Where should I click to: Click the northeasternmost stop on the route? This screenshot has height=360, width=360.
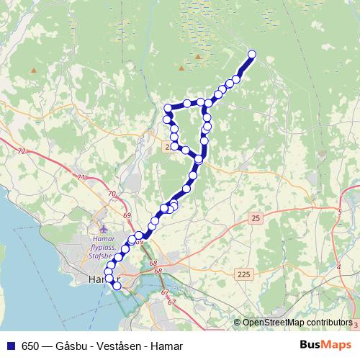pos(252,54)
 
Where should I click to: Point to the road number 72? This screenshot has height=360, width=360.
pos(21,151)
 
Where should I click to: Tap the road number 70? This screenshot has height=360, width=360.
pos(111,193)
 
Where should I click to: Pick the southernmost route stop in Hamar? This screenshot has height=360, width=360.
pos(117,286)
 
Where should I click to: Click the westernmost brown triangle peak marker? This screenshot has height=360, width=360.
pos(33,70)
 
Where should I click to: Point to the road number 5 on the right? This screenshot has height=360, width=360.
pos(339,212)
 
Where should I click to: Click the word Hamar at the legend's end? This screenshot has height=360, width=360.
pos(167,346)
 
